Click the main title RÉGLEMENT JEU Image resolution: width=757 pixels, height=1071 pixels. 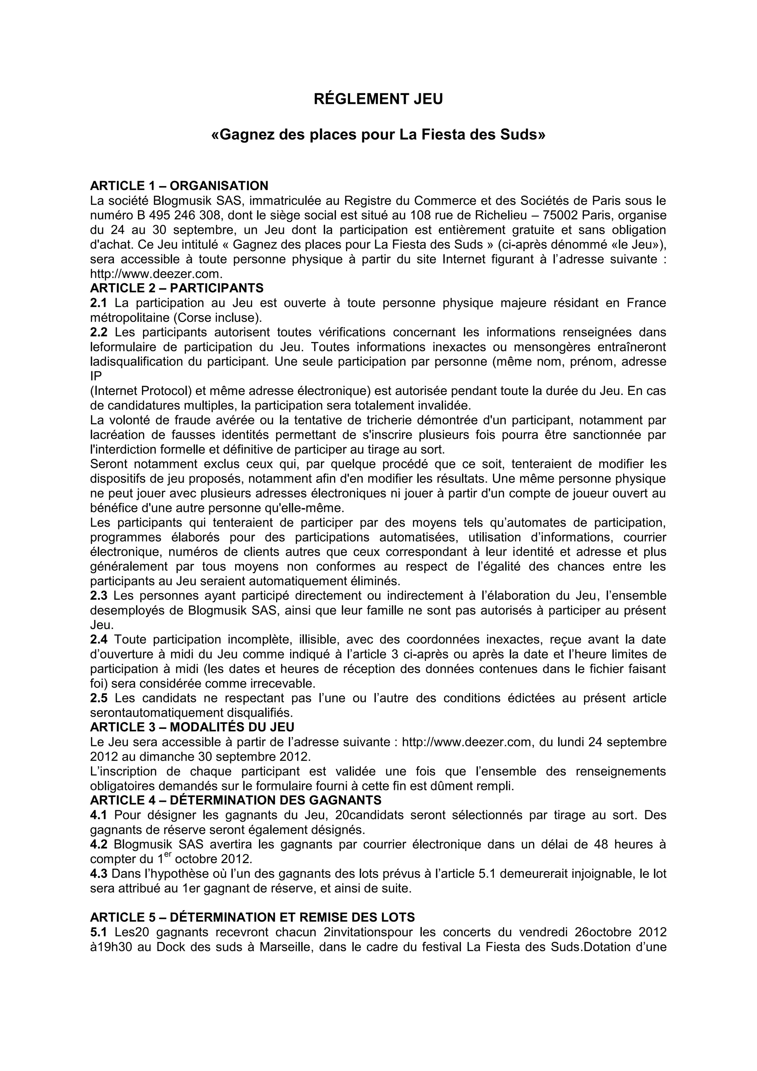coord(378,99)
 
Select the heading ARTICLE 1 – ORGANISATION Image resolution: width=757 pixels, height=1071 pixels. coord(179,186)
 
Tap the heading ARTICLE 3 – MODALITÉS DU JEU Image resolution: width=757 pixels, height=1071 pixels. coord(192,727)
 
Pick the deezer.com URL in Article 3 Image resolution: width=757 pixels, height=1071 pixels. coord(466,742)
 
